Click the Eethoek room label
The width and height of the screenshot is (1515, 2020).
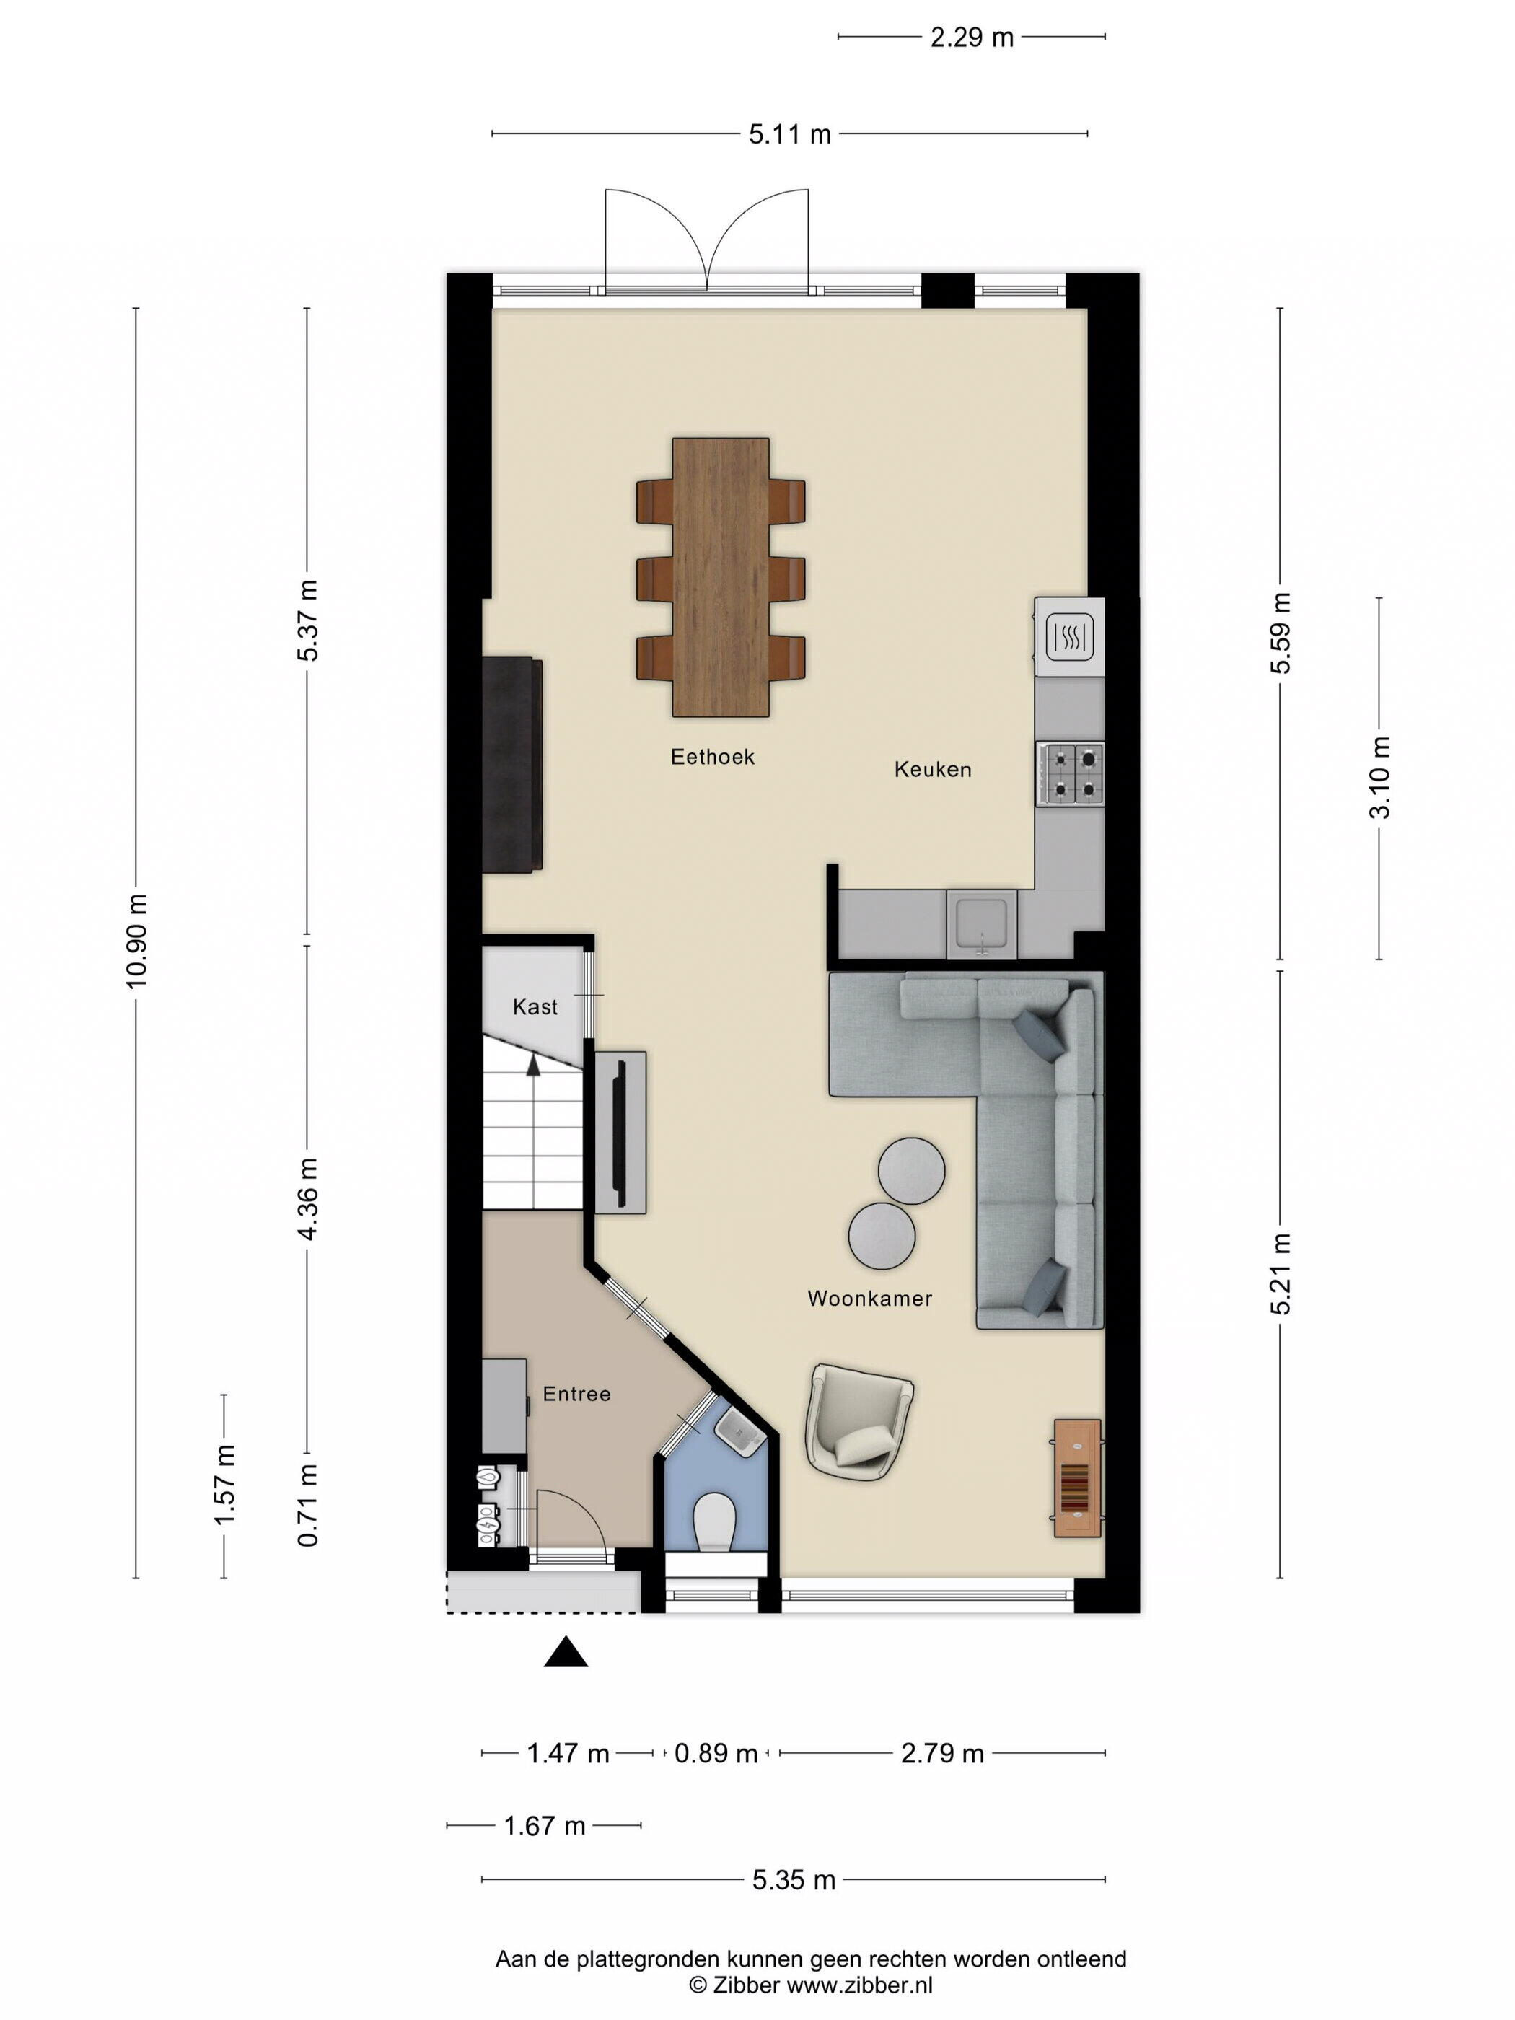(x=712, y=756)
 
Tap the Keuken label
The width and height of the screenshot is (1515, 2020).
(x=932, y=769)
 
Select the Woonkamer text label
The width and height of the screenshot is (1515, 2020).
(x=869, y=1298)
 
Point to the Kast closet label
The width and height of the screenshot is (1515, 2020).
(x=535, y=1006)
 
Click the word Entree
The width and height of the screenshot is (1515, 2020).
(x=576, y=1394)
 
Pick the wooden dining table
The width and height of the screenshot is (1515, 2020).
(x=721, y=577)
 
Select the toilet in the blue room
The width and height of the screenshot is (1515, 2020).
(x=714, y=1522)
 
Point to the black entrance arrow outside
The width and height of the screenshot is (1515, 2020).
(x=566, y=1651)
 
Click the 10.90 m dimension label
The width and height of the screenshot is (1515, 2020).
(x=136, y=941)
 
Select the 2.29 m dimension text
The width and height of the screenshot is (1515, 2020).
(x=972, y=38)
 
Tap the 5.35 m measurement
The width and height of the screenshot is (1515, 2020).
(x=794, y=1879)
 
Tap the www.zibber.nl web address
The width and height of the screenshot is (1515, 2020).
(x=859, y=1985)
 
